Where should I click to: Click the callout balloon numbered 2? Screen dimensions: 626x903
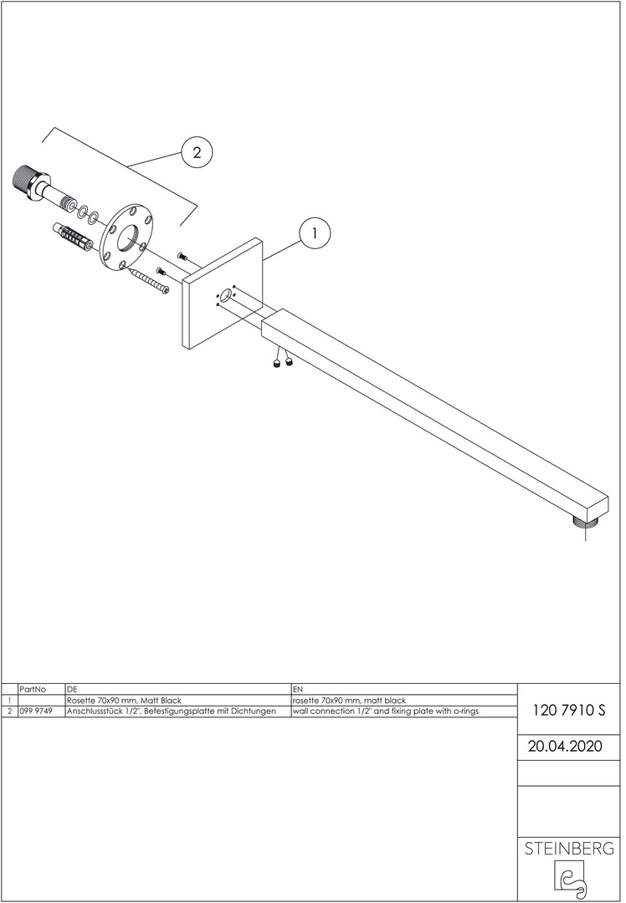click(x=198, y=153)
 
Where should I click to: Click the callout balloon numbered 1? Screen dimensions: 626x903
click(x=314, y=233)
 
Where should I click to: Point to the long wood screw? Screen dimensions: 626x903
click(x=149, y=281)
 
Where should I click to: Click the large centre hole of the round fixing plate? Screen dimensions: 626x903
click(x=129, y=237)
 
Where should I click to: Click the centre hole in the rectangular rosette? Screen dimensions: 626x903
click(x=225, y=297)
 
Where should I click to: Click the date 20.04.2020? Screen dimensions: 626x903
click(x=565, y=747)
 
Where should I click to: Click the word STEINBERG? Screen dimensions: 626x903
click(x=569, y=849)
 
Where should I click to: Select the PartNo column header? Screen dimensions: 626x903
click(x=33, y=689)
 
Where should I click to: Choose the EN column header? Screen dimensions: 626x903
click(x=297, y=689)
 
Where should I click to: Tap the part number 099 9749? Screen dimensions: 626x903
click(x=36, y=712)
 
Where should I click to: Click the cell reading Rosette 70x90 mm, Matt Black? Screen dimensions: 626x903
click(x=124, y=701)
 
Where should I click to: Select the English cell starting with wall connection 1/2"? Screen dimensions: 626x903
click(x=386, y=712)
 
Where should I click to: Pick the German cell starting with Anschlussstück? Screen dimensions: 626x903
click(x=172, y=712)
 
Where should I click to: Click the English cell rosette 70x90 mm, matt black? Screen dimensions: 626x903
click(x=349, y=701)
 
